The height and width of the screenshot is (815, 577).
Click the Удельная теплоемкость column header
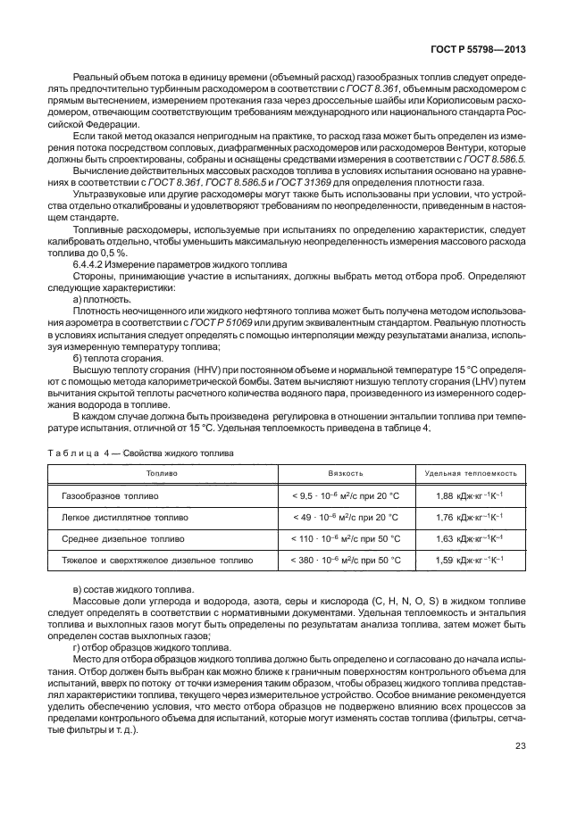pyautogui.click(x=471, y=473)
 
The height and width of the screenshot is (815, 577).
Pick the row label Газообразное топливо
pyautogui.click(x=110, y=495)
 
